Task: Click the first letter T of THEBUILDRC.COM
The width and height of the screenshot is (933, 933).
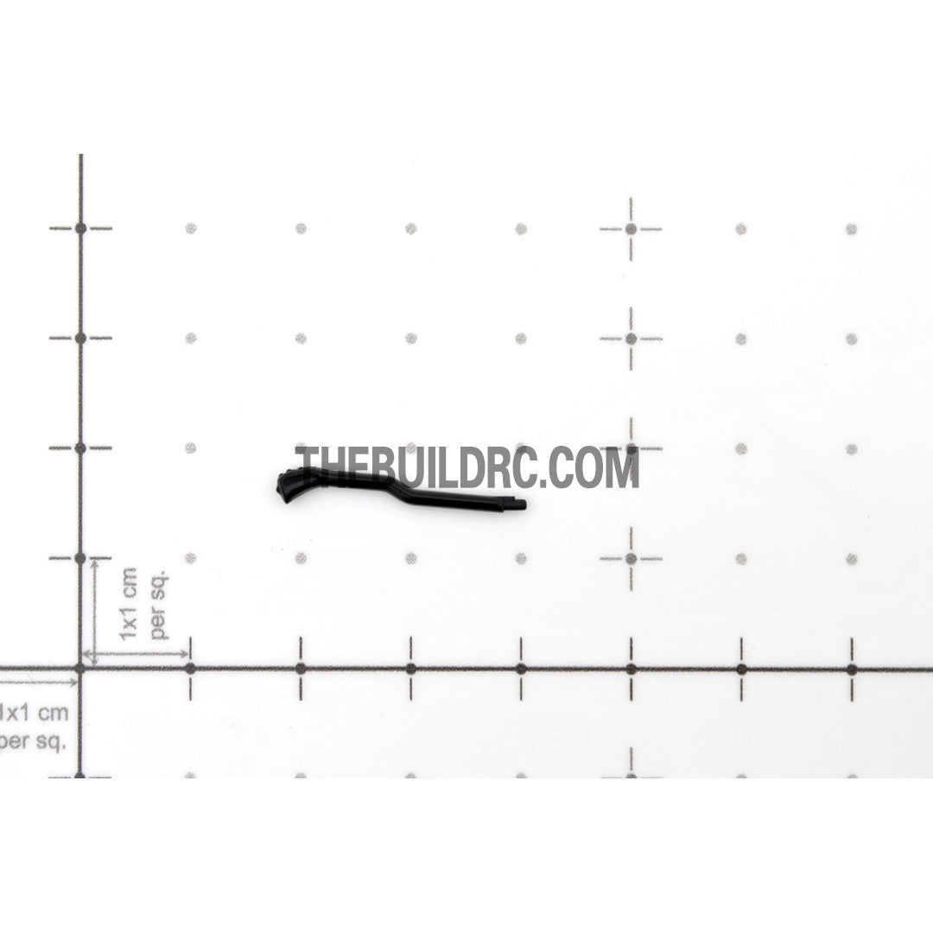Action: [x=308, y=467]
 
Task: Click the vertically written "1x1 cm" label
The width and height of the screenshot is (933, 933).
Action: [x=128, y=603]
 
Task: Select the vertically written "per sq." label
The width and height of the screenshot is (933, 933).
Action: [x=160, y=604]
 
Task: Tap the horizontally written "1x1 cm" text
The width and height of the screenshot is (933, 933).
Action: [x=34, y=712]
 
